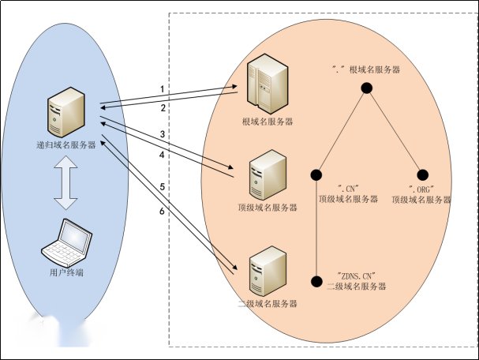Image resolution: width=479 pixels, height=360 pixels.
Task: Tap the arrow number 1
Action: [x=162, y=88]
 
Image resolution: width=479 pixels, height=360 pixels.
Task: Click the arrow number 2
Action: [x=162, y=107]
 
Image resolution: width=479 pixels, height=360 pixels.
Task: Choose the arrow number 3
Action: [x=162, y=135]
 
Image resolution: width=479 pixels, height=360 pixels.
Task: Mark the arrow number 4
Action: [x=162, y=155]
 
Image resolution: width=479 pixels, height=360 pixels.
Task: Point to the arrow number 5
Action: [x=162, y=187]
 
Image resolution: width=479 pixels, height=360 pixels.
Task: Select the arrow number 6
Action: [x=162, y=212]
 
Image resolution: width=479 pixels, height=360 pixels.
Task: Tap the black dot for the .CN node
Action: [x=316, y=174]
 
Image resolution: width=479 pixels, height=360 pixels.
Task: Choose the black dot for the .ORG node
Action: [x=422, y=174]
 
